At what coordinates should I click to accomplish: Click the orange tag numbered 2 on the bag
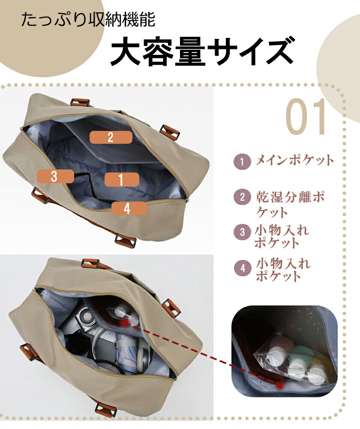111,137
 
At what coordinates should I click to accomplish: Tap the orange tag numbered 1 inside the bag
122,179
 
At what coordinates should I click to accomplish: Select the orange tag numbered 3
55,176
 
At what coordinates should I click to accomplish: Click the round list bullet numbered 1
242,161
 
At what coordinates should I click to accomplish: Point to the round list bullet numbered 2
242,197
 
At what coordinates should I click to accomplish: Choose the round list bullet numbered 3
242,232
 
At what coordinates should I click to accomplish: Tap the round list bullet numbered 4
243,268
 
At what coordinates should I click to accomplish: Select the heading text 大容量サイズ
203,51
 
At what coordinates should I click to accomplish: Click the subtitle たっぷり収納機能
88,19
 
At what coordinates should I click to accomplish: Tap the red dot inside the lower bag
125,323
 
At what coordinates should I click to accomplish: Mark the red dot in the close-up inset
279,386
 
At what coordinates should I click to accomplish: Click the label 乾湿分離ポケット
290,204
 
